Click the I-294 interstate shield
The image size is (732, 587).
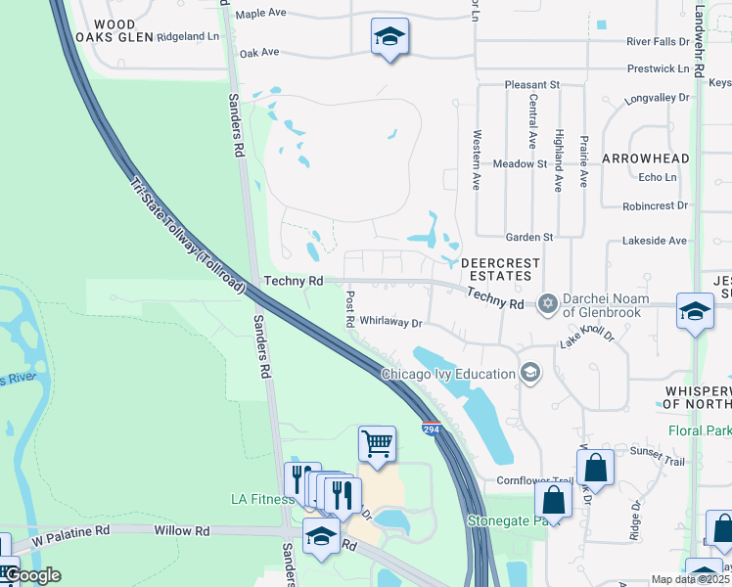pyautogui.click(x=431, y=429)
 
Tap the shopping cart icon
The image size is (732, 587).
pyautogui.click(x=377, y=443)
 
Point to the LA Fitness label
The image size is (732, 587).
pyautogui.click(x=262, y=499)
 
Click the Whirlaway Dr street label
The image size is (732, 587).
pyautogui.click(x=390, y=321)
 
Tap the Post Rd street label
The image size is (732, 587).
pyautogui.click(x=349, y=308)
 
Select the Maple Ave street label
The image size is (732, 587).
pyautogui.click(x=261, y=14)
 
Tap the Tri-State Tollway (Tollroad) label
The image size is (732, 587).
pyautogui.click(x=187, y=235)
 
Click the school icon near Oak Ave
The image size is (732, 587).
pyautogui.click(x=389, y=37)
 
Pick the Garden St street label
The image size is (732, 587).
pyautogui.click(x=529, y=237)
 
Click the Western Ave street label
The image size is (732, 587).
pyautogui.click(x=477, y=159)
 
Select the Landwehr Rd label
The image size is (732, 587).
pyautogui.click(x=699, y=39)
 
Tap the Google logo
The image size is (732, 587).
pyautogui.click(x=31, y=575)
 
